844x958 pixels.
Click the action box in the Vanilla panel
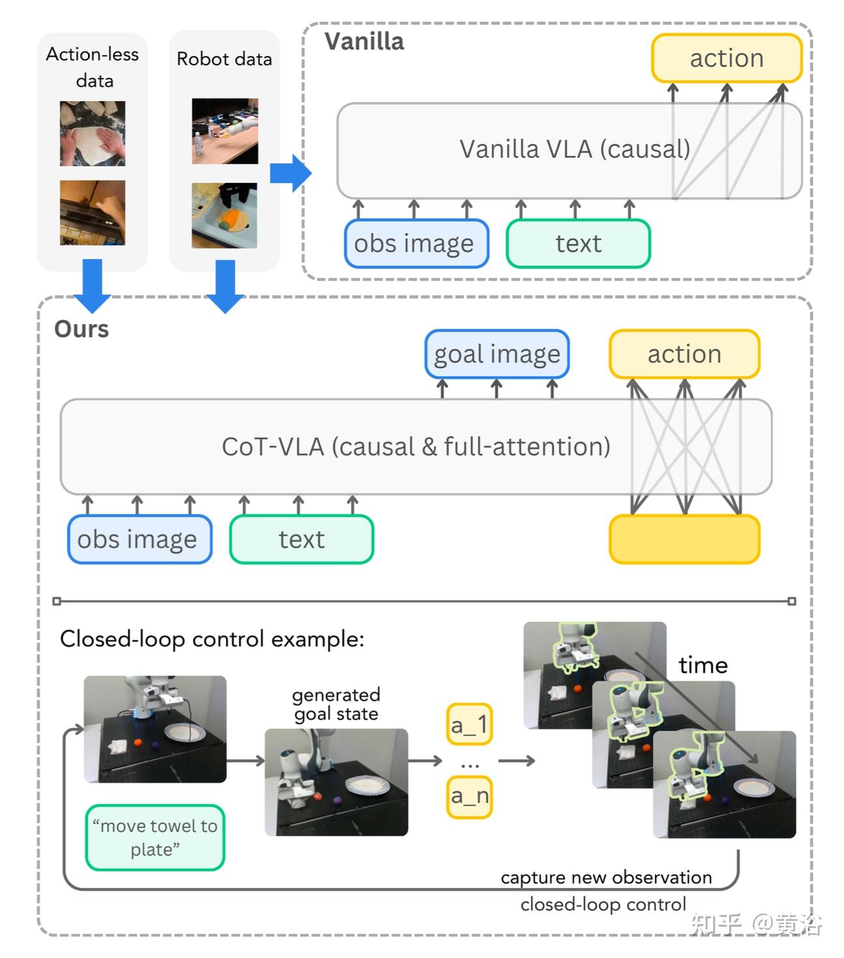726,58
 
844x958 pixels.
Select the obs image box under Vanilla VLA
416,243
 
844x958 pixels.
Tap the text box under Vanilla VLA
578,243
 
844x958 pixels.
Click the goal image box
496,354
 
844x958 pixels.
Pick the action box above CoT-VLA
684,354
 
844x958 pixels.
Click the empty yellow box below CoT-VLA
684,539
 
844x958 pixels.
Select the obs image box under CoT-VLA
140,539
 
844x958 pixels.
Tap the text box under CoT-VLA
301,539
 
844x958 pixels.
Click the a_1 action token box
469,724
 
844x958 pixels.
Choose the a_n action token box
469,796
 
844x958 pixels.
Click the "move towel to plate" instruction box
155,837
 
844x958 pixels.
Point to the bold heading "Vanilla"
364,42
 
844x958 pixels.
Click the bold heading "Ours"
82,329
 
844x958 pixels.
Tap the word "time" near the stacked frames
702,665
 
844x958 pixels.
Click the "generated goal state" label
336,704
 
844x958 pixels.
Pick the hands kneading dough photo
93,133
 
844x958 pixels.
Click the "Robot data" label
224,59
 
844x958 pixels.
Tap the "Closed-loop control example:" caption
212,639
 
